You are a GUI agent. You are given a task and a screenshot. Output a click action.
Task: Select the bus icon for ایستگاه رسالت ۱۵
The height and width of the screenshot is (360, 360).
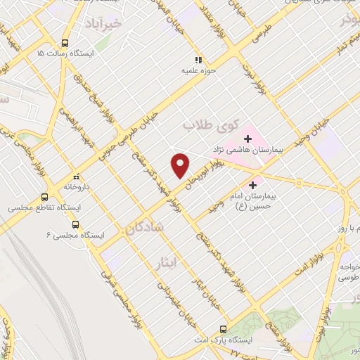(x=65, y=41)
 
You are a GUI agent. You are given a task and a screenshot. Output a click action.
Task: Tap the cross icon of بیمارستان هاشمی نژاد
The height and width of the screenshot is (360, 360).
(x=247, y=139)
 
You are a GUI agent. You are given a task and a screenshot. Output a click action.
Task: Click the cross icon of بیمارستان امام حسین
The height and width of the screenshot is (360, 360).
(x=253, y=185)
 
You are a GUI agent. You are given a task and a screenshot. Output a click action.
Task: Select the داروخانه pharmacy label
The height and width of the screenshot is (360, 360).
(x=77, y=187)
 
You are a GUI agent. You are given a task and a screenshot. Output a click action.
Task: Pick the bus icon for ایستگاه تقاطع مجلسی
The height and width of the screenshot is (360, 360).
(x=45, y=198)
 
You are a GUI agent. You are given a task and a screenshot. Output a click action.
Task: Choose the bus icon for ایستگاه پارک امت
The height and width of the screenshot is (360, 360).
(x=224, y=328)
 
